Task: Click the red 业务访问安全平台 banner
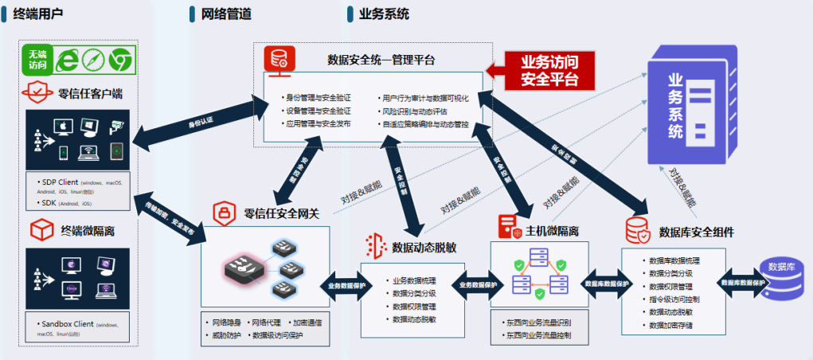tap(549, 70)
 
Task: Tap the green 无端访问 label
tap(38, 59)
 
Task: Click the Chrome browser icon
tap(120, 58)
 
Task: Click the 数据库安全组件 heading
tap(696, 232)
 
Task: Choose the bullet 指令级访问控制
tap(674, 299)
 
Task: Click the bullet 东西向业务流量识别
tap(538, 323)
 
